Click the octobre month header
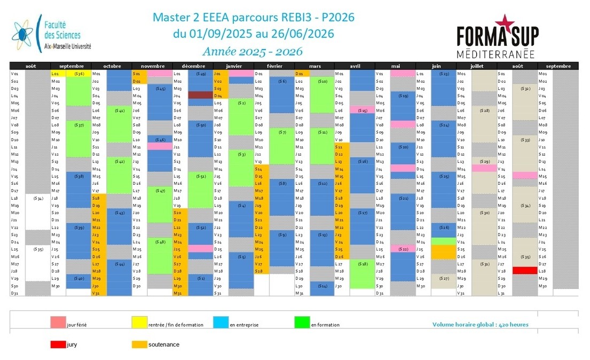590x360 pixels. (112, 66)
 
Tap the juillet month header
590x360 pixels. (476, 66)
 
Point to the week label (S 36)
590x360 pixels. (80, 73)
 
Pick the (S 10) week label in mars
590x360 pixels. (322, 81)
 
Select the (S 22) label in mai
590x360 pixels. (404, 249)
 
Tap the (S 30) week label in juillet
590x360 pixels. (485, 212)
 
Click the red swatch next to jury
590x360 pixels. (58, 345)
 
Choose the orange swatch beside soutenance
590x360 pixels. (139, 345)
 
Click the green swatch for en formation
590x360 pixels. (302, 322)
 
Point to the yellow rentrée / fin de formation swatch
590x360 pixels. (139, 322)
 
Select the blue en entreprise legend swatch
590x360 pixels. (221, 322)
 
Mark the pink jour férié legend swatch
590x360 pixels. (58, 322)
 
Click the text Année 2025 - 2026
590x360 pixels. (253, 51)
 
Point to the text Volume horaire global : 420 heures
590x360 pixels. (481, 324)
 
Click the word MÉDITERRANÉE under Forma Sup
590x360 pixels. (496, 54)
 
